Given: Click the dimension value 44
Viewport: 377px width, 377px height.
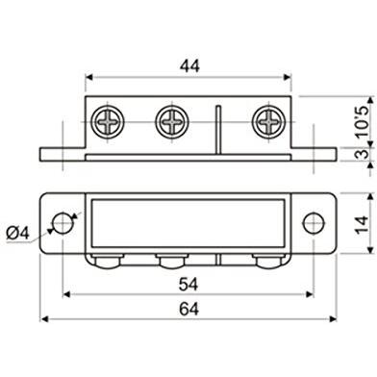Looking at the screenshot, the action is click(x=189, y=66).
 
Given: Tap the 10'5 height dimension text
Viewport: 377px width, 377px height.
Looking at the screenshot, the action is click(x=364, y=122).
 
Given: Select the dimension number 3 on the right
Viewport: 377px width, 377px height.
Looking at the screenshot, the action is click(x=364, y=154).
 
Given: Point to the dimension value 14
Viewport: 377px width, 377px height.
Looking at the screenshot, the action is click(x=364, y=225).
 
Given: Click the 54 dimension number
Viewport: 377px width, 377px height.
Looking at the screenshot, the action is click(x=188, y=285).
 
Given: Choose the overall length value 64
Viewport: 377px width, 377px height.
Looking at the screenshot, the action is click(x=188, y=309).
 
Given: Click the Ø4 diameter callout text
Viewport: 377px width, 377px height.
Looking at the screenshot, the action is click(x=18, y=233).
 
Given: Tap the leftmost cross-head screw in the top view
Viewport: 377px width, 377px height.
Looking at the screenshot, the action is click(x=108, y=122).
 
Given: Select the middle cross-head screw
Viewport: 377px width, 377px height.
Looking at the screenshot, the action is click(x=172, y=122).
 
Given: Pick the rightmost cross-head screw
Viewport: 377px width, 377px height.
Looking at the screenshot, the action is click(x=268, y=122).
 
